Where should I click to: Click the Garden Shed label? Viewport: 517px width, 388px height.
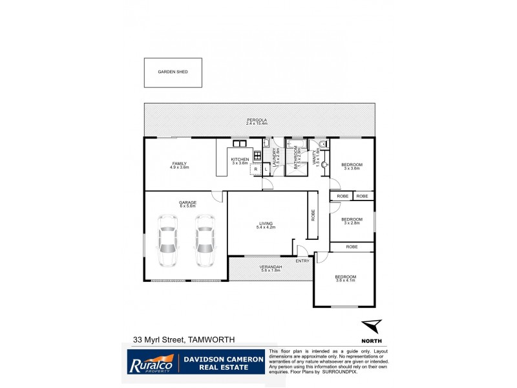173,72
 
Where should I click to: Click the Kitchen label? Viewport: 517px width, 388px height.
240,160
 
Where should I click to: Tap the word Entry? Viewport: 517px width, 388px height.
302,261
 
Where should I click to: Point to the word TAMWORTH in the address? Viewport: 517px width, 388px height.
211,339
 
